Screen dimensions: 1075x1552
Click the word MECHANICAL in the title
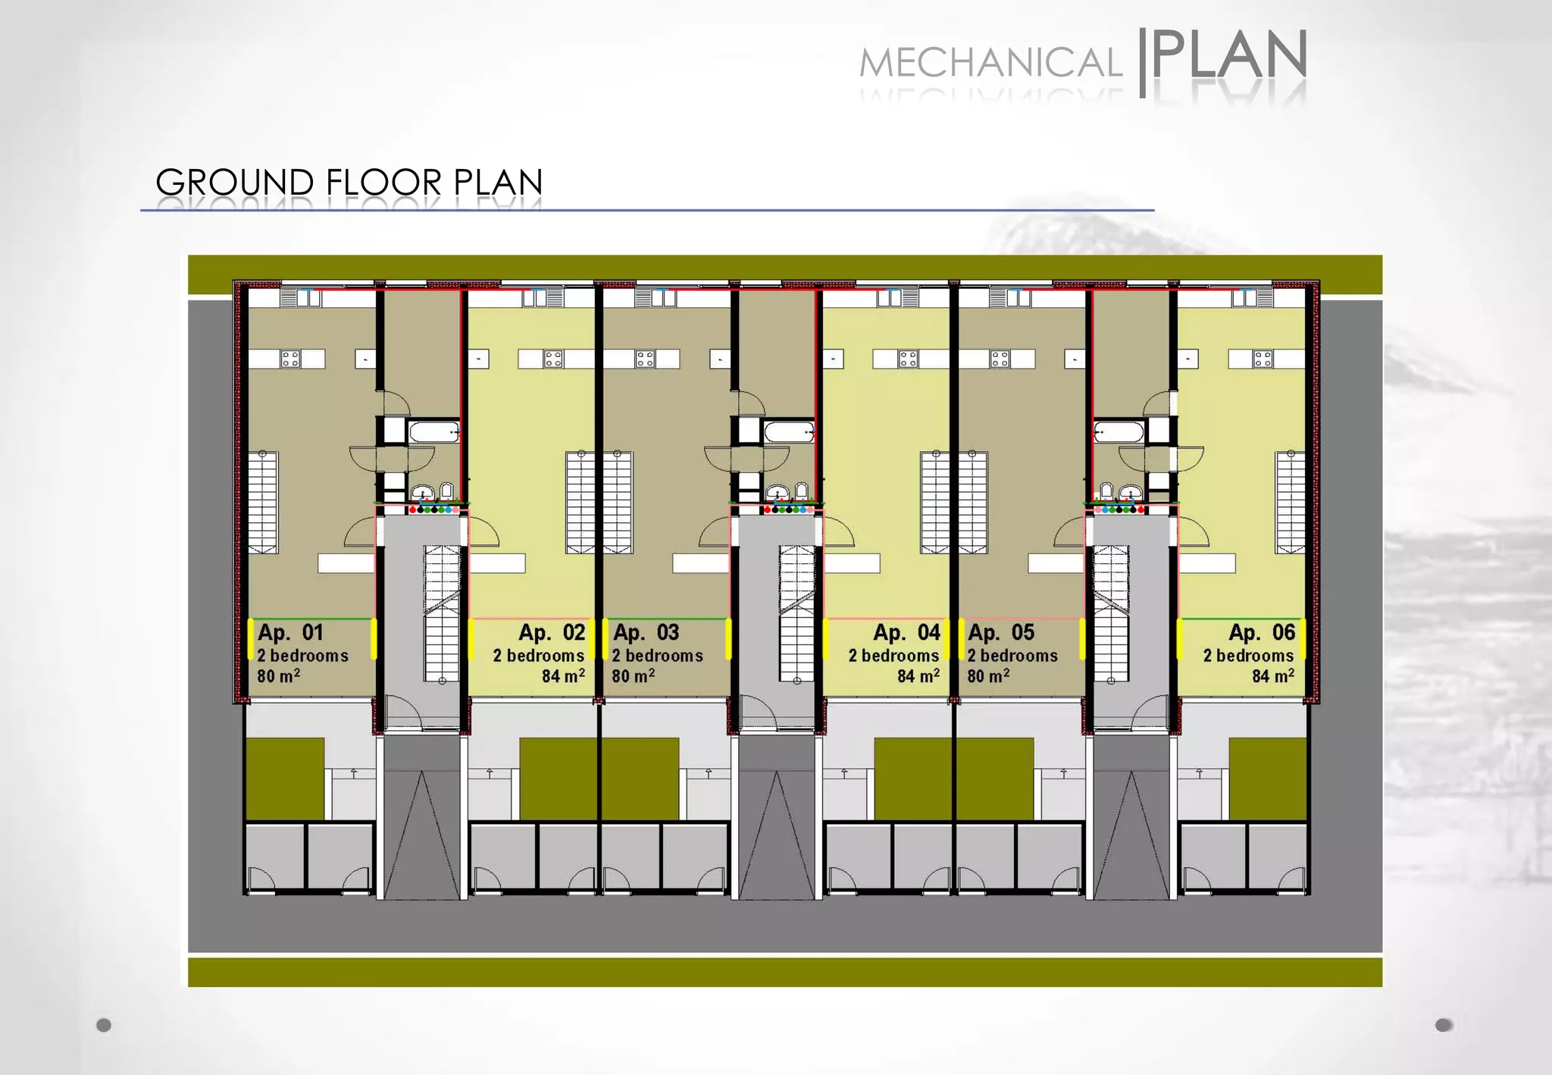click(x=990, y=63)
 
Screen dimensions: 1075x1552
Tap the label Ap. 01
click(x=290, y=632)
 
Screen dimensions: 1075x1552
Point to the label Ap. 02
click(x=552, y=632)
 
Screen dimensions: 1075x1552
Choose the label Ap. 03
click(x=646, y=632)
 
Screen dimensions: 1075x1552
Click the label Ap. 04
click(x=906, y=632)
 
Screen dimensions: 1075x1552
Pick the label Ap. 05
click(x=1000, y=632)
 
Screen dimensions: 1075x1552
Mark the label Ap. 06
click(x=1262, y=632)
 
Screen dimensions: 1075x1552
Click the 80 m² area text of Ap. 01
click(x=278, y=675)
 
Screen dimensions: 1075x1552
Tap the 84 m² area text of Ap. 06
click(x=1272, y=675)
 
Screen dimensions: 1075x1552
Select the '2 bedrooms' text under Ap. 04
click(x=893, y=656)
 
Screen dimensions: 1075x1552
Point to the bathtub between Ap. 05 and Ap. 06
click(x=1119, y=433)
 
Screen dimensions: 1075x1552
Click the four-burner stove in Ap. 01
click(x=290, y=359)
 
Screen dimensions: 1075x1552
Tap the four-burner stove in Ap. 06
click(x=1263, y=359)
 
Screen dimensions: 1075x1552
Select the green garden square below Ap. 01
click(x=285, y=779)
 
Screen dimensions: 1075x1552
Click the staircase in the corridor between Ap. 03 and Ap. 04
click(x=796, y=614)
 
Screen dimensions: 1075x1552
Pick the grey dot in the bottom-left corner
click(x=104, y=1025)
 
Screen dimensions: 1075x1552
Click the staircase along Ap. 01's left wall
click(x=263, y=502)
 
